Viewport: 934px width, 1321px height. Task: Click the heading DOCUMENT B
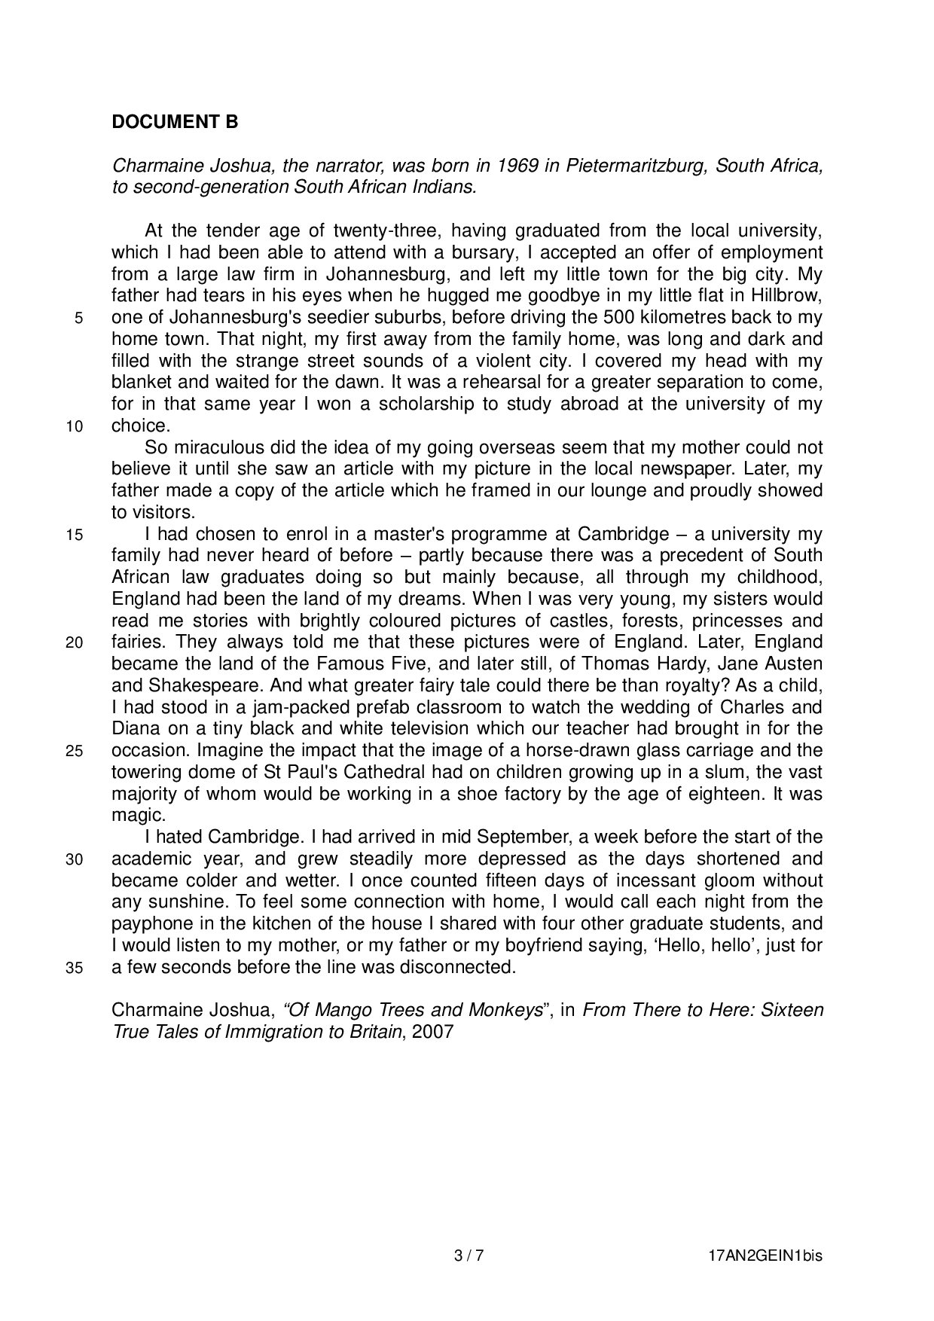coord(175,122)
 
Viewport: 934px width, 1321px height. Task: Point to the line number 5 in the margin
coord(78,319)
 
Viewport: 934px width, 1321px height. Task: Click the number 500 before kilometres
coord(621,317)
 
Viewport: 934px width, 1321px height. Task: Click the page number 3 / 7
coord(468,1255)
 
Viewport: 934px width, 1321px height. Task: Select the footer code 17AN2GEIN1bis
coord(765,1255)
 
